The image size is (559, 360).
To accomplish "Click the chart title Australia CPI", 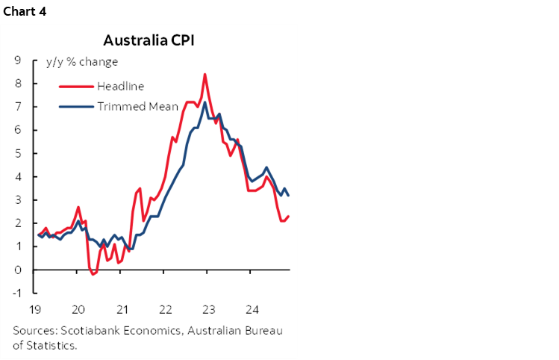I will click(149, 40).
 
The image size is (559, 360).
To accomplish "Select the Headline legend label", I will click(120, 86).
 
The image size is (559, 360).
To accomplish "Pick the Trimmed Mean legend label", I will click(137, 106).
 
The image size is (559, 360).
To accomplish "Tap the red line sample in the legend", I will click(76, 86).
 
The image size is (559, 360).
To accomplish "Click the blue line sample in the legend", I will click(76, 106).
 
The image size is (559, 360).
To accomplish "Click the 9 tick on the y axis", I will click(16, 60).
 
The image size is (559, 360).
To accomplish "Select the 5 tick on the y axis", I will click(16, 153).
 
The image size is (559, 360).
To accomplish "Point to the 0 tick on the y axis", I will click(16, 270).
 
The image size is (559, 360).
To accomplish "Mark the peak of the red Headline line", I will click(204, 74).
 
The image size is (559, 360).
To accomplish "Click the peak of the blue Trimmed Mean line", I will click(204, 102).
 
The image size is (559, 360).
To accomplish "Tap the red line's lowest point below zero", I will click(93, 274).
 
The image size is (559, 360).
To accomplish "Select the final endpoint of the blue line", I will click(289, 195).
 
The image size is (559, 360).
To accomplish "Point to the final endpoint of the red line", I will click(289, 216).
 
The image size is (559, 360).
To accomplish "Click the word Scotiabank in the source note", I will click(84, 331).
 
